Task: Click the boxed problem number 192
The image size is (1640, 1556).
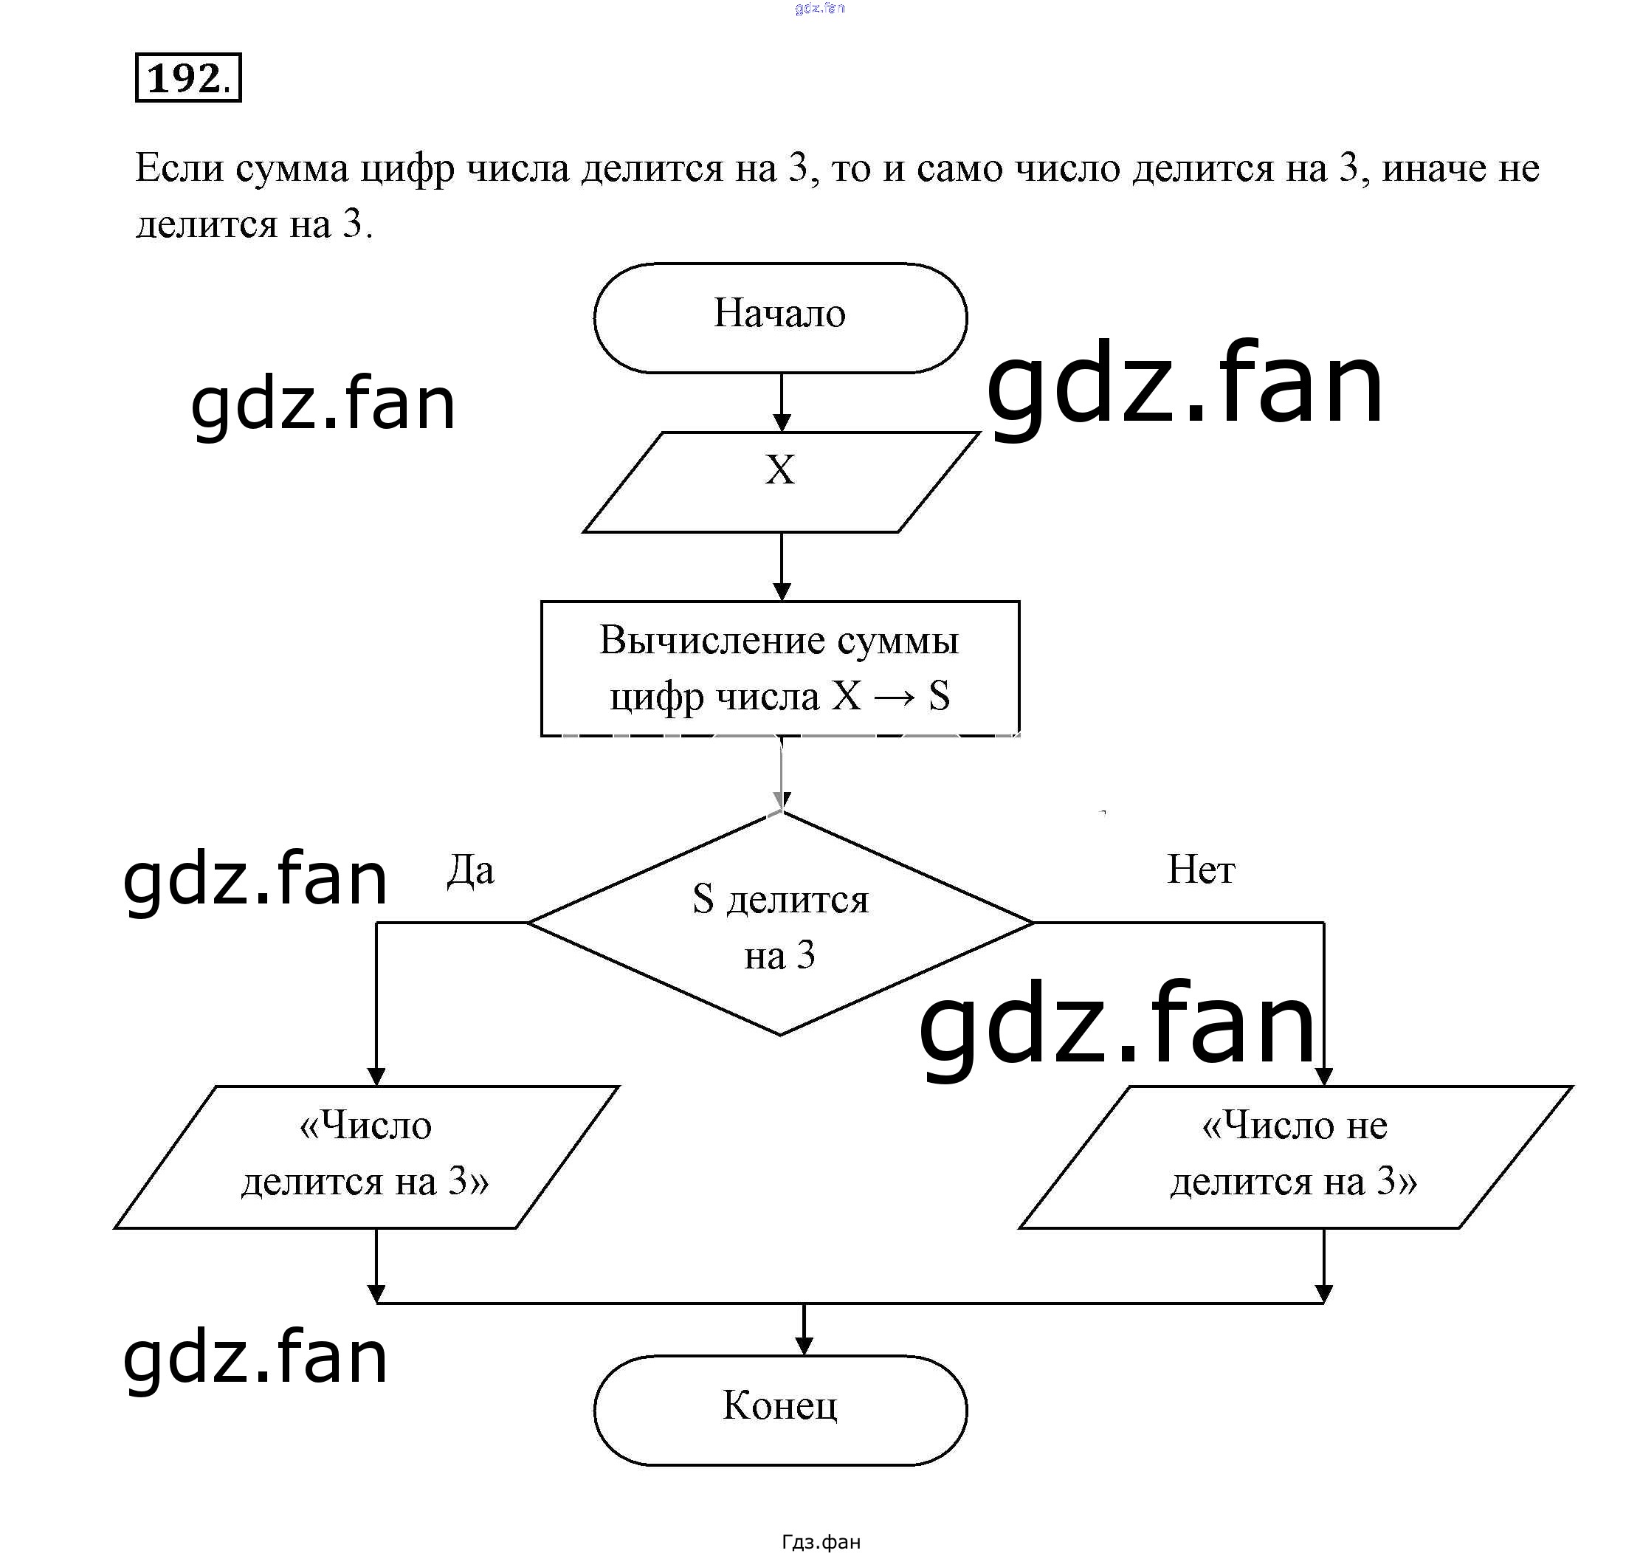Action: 187,78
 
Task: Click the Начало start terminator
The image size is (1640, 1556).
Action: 779,317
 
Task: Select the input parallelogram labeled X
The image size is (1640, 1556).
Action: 779,481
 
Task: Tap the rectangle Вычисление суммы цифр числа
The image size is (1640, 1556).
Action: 779,668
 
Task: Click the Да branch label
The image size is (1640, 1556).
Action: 470,871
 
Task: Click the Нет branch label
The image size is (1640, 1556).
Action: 1200,870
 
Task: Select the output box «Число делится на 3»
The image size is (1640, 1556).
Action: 366,1157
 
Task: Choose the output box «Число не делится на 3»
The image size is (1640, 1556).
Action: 1294,1157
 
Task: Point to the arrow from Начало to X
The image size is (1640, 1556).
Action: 782,402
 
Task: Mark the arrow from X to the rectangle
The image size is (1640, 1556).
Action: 782,566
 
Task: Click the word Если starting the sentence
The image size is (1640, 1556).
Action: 179,168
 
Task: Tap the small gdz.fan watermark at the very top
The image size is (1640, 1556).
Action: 819,8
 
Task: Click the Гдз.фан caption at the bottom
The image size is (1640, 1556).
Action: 821,1542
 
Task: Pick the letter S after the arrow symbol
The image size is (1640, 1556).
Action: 939,696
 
